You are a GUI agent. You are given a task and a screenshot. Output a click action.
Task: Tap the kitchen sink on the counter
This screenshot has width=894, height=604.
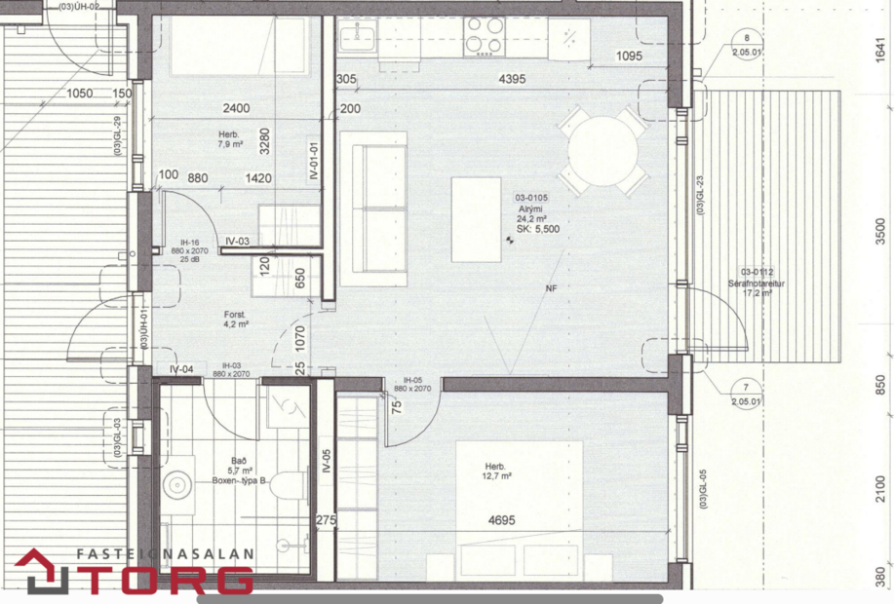[357, 38]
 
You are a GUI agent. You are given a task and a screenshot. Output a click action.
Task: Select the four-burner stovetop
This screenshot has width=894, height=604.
[483, 36]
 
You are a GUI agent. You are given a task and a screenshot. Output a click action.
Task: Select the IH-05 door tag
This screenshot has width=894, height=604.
[411, 383]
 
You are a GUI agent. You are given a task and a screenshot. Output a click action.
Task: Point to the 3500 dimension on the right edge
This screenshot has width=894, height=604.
[881, 232]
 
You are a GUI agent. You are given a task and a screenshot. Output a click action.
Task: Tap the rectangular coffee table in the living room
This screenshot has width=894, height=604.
[478, 220]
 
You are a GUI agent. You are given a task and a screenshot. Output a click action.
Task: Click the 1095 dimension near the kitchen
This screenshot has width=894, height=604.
[630, 57]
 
